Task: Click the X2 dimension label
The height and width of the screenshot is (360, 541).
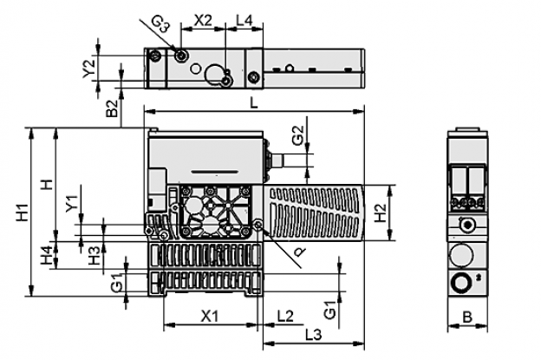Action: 203,21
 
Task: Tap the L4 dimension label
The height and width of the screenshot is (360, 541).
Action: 244,21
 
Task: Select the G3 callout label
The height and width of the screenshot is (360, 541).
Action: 160,24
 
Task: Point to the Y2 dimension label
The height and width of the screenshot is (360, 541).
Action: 89,68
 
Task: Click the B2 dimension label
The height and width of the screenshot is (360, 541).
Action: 112,108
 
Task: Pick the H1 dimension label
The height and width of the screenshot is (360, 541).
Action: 23,213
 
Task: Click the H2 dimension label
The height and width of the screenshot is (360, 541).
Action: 380,213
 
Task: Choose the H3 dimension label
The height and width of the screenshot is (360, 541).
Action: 94,255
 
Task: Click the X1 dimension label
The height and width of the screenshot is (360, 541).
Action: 210,316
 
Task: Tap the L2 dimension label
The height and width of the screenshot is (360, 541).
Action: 286,316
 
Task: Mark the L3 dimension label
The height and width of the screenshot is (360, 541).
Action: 314,335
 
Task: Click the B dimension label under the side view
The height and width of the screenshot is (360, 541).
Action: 467,317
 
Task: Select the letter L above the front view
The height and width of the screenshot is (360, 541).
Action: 254,103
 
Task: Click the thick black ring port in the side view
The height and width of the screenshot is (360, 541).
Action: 461,282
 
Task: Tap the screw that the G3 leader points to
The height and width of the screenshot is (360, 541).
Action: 181,56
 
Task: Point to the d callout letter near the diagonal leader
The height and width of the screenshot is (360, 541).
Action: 300,252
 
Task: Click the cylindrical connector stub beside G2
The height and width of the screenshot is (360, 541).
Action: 278,160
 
